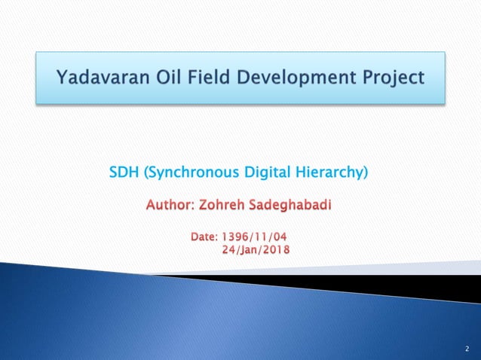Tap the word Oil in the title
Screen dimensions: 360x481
170,77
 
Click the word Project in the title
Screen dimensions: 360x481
394,77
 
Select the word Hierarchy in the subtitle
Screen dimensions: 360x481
330,175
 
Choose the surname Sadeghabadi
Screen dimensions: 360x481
293,205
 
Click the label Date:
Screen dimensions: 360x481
204,238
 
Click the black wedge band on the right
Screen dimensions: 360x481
422,285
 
